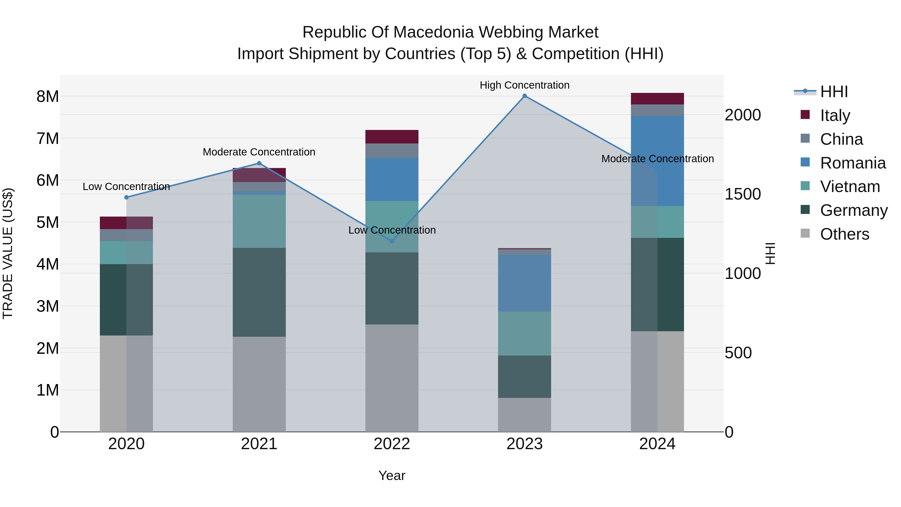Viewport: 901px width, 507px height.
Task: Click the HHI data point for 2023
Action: (x=524, y=96)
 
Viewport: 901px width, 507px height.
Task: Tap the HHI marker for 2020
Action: (x=127, y=197)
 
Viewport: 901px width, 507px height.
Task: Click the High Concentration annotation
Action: (x=524, y=85)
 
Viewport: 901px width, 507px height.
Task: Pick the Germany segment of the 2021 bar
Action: (x=259, y=292)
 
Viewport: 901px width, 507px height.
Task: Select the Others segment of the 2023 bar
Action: (x=524, y=415)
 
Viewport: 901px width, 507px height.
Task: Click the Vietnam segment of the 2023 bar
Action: (x=524, y=333)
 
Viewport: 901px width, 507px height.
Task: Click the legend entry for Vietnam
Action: (x=850, y=187)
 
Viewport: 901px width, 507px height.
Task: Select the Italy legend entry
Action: (x=835, y=115)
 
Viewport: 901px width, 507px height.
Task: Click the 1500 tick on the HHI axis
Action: (x=742, y=194)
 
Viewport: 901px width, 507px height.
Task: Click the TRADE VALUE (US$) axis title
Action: (x=8, y=253)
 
